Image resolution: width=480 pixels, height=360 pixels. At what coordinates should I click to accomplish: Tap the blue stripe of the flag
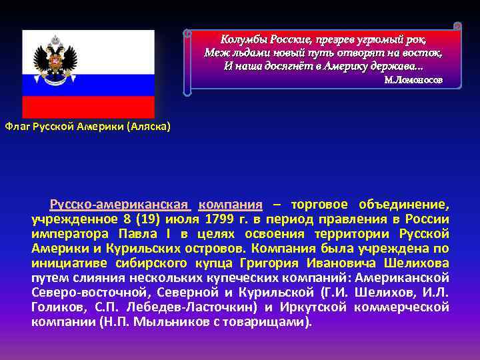pyautogui.click(x=88, y=85)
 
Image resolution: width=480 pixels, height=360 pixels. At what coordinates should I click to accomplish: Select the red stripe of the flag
pyautogui.click(x=88, y=107)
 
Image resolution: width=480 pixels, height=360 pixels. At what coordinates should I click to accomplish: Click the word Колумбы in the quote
pyautogui.click(x=245, y=38)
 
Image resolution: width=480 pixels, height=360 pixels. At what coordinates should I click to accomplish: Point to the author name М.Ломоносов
pyautogui.click(x=413, y=80)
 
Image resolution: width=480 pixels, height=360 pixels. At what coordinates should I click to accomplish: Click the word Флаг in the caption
pyautogui.click(x=17, y=126)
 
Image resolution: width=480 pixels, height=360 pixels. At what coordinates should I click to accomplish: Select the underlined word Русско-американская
pyautogui.click(x=121, y=204)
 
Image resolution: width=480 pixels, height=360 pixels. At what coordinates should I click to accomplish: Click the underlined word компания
pyautogui.click(x=230, y=204)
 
